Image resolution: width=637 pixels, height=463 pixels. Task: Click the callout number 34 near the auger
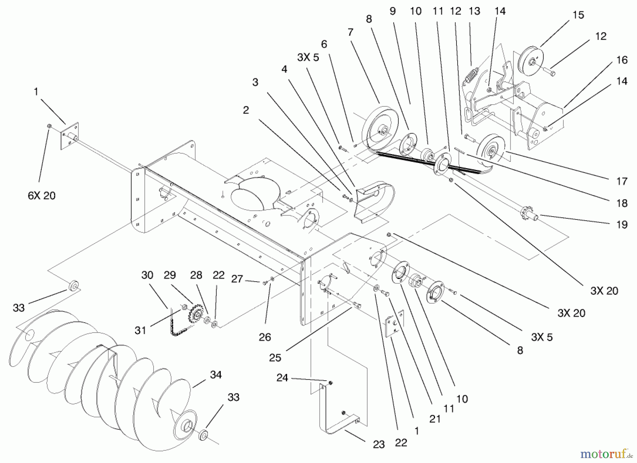[216, 375]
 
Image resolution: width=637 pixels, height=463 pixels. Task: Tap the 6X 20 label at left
[42, 195]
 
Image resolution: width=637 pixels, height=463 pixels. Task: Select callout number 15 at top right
[578, 15]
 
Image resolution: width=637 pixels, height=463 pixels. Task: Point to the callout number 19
[622, 224]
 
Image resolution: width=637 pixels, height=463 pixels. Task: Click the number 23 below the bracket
[379, 445]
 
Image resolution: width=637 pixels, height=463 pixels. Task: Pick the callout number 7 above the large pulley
[350, 33]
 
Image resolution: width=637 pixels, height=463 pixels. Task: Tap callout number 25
[275, 358]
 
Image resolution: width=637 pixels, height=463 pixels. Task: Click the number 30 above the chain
[147, 275]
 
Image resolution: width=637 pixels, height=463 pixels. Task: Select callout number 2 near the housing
[246, 110]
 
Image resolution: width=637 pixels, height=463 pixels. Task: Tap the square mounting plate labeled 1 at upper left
[69, 136]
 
